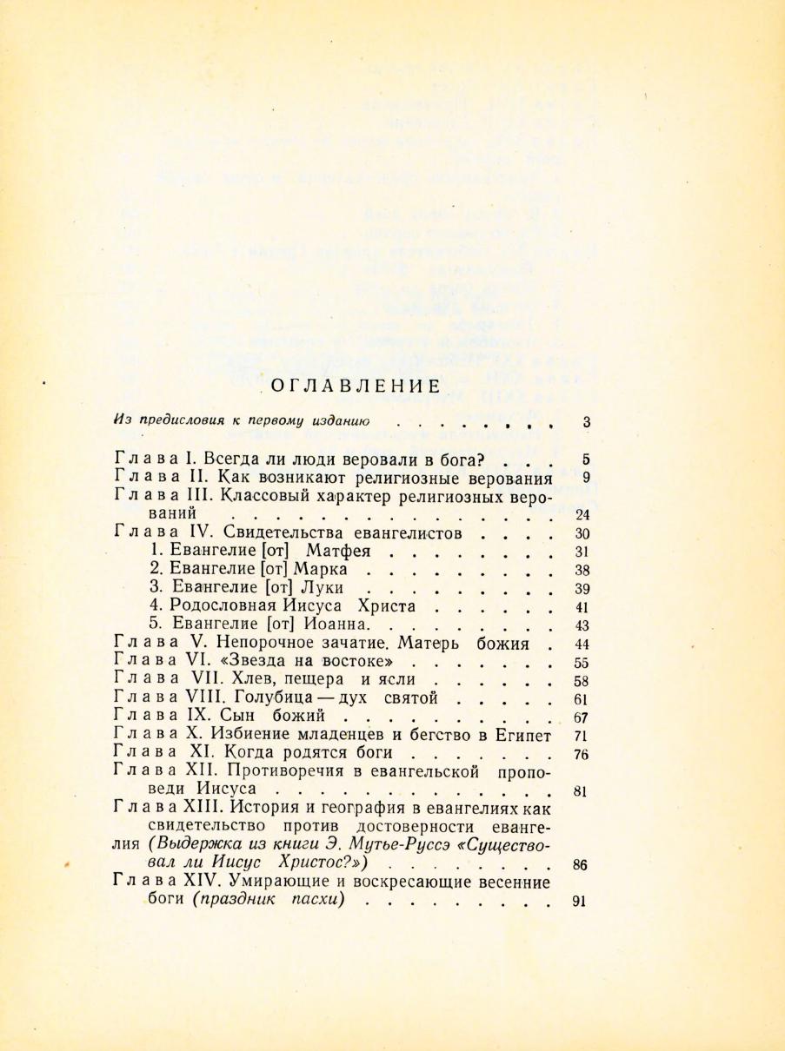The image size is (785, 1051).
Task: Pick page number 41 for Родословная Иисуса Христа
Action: (582, 607)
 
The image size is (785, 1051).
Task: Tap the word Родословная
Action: (214, 606)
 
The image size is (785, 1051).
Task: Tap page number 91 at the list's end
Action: (582, 901)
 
